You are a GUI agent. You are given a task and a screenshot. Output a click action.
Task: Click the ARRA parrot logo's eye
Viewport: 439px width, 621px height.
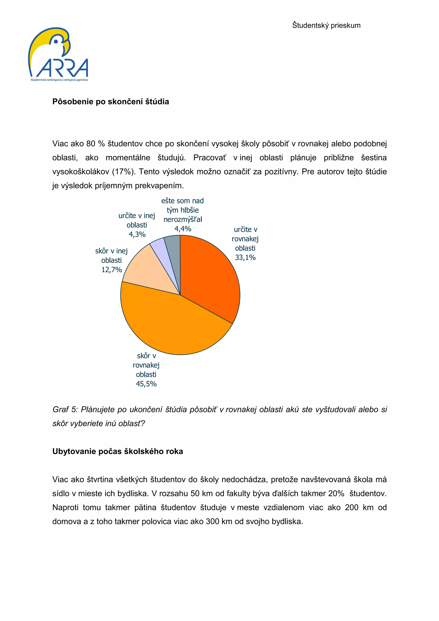(x=56, y=42)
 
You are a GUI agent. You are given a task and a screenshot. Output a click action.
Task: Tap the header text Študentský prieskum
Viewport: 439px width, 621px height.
(x=326, y=25)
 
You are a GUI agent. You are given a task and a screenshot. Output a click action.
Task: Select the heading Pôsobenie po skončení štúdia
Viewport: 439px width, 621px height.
(x=111, y=102)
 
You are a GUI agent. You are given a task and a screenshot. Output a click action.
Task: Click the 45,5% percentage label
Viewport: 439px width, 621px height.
(x=146, y=384)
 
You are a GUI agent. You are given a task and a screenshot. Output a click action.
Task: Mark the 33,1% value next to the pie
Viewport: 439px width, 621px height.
(x=245, y=258)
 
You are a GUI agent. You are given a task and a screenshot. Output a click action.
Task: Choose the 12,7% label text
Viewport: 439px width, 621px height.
(x=111, y=270)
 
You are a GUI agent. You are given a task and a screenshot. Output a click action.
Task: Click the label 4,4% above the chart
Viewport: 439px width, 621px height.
(x=183, y=229)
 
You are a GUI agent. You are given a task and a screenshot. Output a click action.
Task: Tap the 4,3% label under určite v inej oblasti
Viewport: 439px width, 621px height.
(x=137, y=234)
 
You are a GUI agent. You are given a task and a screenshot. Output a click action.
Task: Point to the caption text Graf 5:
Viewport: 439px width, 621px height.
(x=65, y=409)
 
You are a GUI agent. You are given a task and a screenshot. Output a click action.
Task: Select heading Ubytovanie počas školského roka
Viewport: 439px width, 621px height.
(x=118, y=451)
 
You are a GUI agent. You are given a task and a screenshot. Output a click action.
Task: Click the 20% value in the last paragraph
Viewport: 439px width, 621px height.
(x=336, y=494)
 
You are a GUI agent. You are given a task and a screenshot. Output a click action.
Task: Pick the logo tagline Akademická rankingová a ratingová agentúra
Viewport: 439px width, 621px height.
(x=59, y=80)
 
